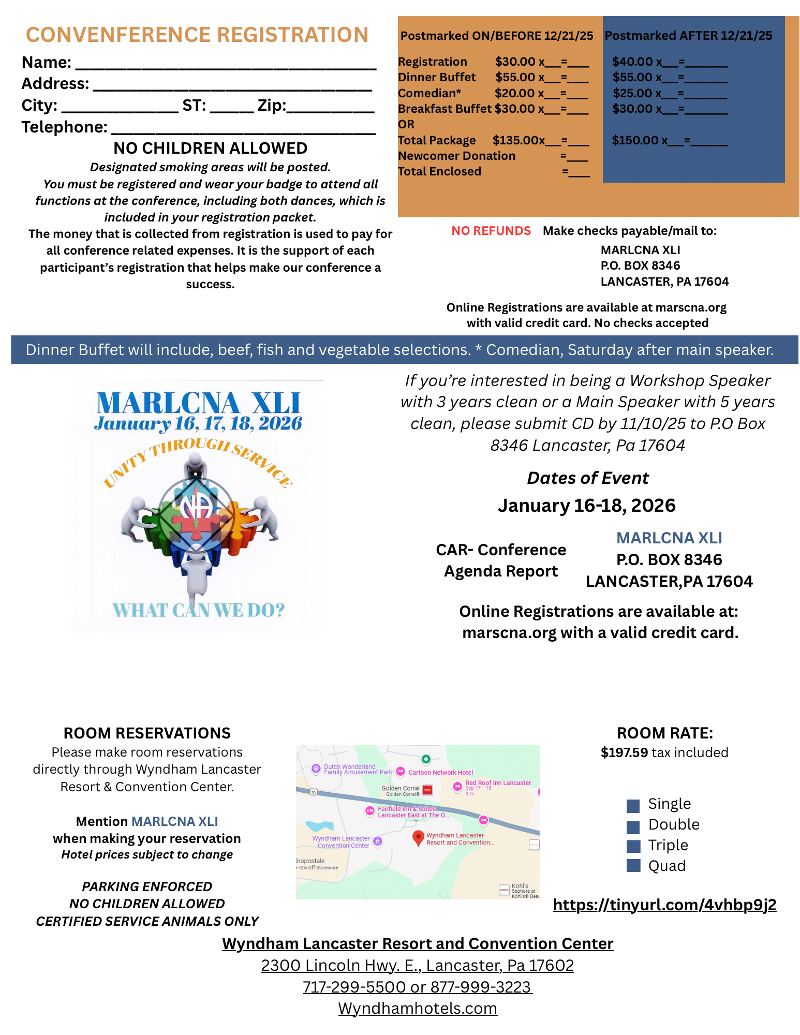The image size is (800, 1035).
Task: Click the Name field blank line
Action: click(x=226, y=65)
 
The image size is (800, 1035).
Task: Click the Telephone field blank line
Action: click(x=243, y=130)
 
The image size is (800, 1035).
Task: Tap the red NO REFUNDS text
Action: click(x=491, y=231)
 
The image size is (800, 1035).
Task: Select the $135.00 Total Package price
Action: click(x=516, y=140)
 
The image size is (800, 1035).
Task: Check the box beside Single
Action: click(x=633, y=806)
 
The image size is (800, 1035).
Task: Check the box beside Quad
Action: click(x=633, y=866)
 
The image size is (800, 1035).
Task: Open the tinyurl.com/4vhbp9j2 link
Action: click(x=664, y=905)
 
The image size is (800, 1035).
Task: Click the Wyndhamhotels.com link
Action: click(x=418, y=1008)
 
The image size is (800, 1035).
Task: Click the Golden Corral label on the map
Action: click(x=401, y=788)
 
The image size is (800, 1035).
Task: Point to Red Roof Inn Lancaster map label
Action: click(x=498, y=783)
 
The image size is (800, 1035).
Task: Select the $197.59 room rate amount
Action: click(x=624, y=752)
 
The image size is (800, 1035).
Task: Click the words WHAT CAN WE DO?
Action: click(x=199, y=610)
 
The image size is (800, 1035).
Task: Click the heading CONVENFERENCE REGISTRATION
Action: click(x=197, y=35)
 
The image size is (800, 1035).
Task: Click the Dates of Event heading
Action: click(x=587, y=478)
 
